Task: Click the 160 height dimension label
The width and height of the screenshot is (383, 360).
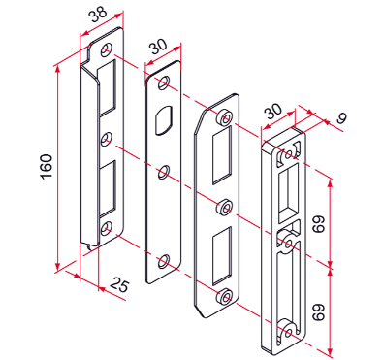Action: point(47,166)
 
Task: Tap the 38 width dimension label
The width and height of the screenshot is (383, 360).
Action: point(98,16)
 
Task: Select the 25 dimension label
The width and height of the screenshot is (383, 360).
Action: point(119,285)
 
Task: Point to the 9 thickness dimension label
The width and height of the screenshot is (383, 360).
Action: point(341,118)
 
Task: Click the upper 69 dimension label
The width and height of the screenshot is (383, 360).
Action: point(318,224)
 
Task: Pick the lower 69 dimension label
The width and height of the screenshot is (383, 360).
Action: point(318,311)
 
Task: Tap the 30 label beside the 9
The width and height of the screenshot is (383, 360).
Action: point(273,113)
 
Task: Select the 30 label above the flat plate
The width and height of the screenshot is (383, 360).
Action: point(159,48)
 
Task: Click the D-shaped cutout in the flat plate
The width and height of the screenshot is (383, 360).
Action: point(165,119)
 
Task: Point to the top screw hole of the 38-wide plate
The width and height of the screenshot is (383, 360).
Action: point(106,49)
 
